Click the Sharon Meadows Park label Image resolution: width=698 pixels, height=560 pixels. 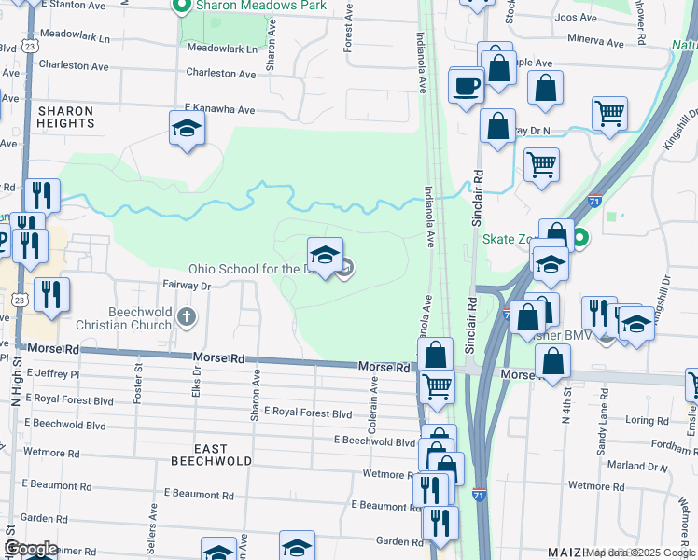click(261, 6)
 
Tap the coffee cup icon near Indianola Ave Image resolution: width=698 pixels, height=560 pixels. click(466, 87)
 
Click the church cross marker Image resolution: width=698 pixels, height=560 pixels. click(187, 318)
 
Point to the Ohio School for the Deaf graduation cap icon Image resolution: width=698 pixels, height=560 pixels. click(325, 255)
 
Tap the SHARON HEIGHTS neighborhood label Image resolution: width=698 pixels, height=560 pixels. click(65, 118)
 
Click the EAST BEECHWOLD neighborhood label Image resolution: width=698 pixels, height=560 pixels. click(212, 461)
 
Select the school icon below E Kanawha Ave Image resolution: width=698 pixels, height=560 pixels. click(187, 128)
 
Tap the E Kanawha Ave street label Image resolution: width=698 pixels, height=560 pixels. click(219, 109)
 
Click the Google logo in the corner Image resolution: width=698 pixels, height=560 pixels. click(30, 548)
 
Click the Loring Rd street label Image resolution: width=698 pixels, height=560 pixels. click(647, 420)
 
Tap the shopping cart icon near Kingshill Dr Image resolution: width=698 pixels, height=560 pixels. click(609, 113)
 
